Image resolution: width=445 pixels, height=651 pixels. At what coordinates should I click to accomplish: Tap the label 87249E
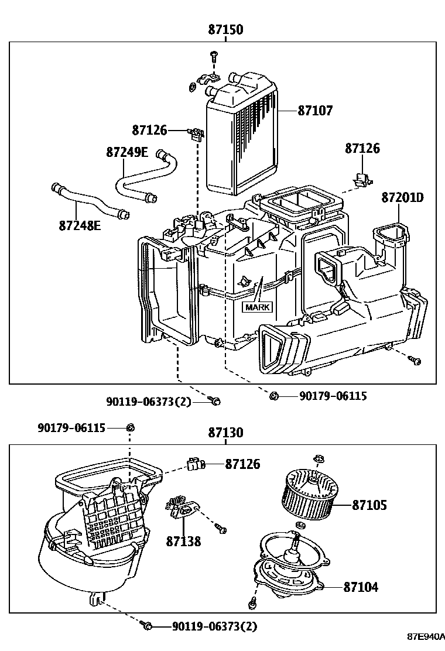click(x=127, y=152)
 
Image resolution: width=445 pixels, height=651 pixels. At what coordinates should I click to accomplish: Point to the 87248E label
click(x=79, y=224)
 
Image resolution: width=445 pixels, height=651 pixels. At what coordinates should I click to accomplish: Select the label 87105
click(x=369, y=504)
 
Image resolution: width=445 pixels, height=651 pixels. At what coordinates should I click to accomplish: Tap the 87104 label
click(x=361, y=586)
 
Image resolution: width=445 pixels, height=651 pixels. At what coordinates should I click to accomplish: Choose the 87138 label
click(x=183, y=542)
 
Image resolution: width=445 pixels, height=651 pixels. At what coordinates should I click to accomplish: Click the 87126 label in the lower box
click(x=242, y=464)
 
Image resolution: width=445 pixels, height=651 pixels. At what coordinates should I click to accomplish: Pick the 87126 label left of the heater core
click(x=149, y=130)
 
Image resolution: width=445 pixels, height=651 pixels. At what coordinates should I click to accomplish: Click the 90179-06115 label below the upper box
click(x=333, y=396)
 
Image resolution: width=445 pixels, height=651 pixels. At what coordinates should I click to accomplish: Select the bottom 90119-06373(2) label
click(x=214, y=627)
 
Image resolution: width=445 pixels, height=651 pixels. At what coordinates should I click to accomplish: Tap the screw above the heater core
click(x=213, y=56)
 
